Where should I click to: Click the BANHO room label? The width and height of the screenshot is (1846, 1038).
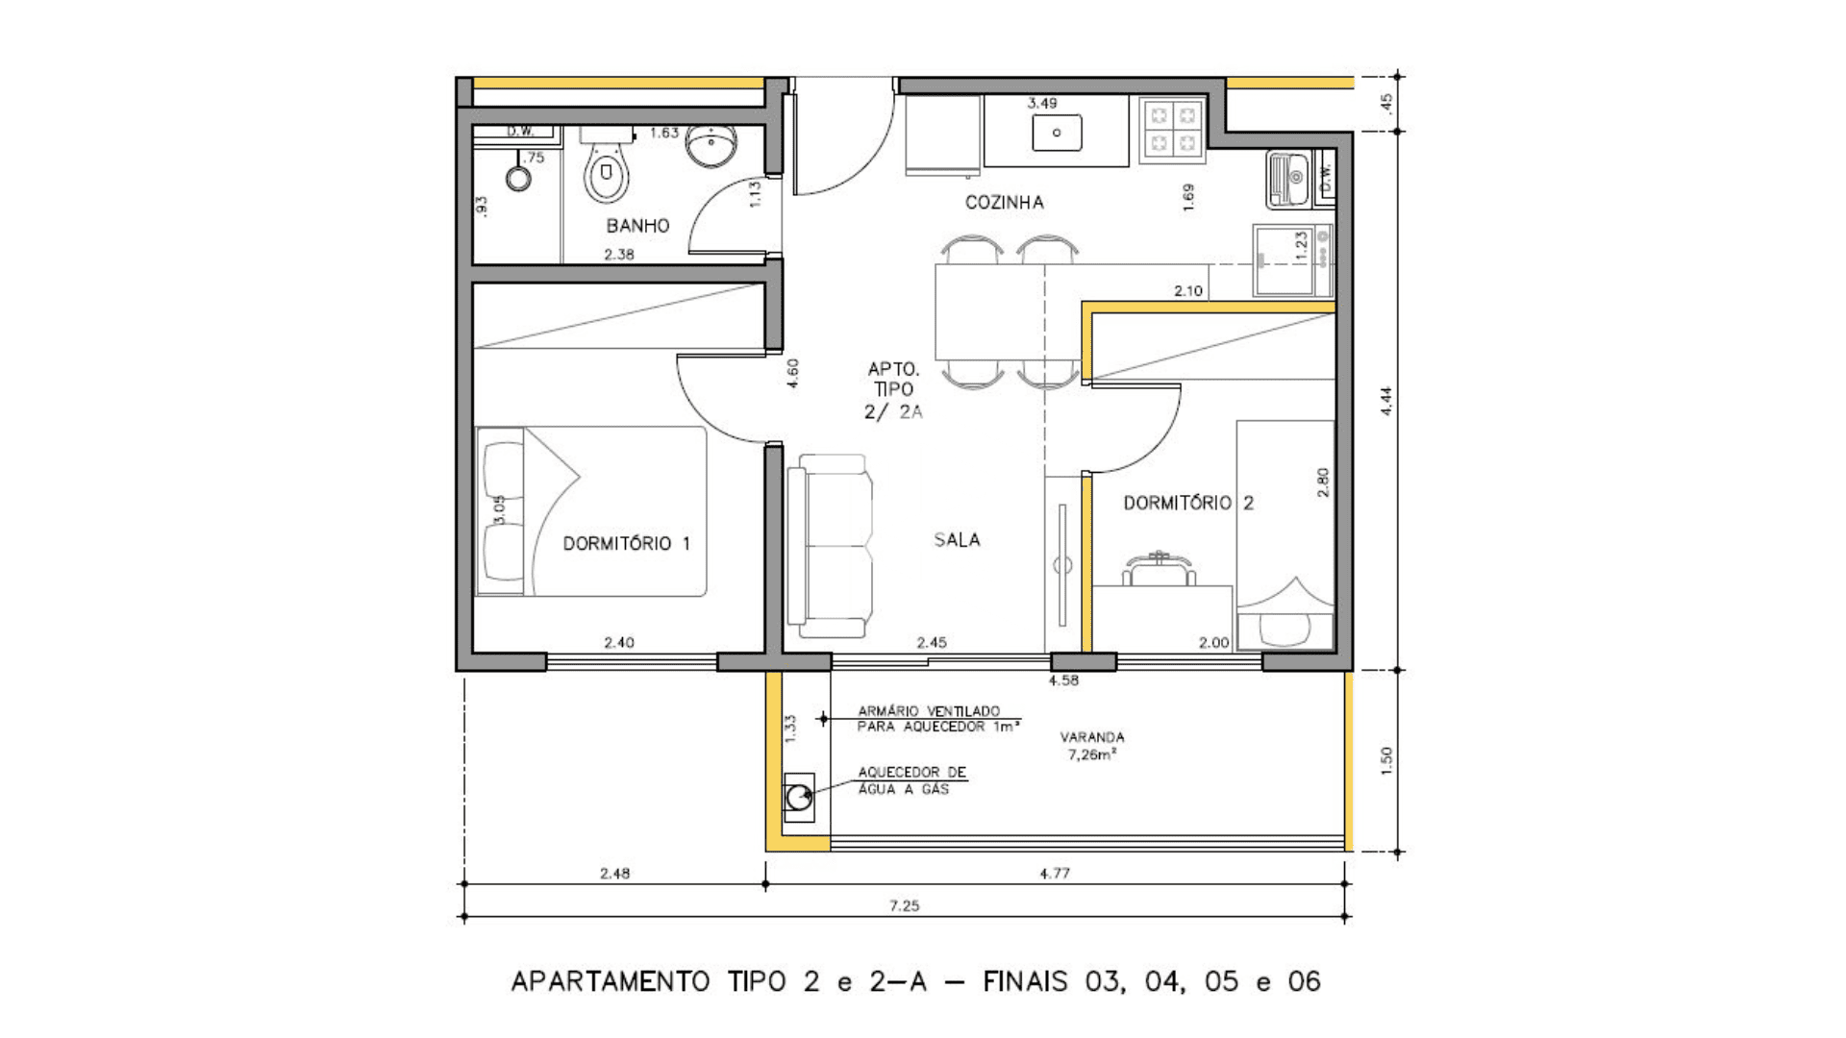637,226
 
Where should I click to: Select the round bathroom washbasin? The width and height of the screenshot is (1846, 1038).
711,145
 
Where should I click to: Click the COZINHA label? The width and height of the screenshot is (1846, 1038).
1005,202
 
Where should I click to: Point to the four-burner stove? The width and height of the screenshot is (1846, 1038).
1173,130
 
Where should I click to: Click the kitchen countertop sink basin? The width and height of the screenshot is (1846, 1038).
1057,133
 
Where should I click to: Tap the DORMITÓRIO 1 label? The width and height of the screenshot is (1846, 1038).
627,543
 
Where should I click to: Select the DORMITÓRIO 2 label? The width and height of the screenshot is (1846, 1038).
1188,503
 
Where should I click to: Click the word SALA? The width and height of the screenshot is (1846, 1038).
957,540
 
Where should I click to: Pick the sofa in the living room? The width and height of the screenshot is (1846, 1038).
830,546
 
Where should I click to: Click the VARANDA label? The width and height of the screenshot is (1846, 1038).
1092,737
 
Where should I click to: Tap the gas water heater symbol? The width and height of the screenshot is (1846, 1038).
799,797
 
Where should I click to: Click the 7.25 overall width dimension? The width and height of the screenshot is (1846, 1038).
904,905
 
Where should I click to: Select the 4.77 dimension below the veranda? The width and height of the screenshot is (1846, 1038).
1055,874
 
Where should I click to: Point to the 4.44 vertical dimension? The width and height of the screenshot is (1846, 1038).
1385,401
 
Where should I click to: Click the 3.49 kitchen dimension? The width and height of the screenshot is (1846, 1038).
1042,103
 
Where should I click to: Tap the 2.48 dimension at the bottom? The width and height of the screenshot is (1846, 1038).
615,874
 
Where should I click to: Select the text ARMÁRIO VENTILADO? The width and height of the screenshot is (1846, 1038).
929,711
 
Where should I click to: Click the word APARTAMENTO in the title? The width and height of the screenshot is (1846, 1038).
611,981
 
